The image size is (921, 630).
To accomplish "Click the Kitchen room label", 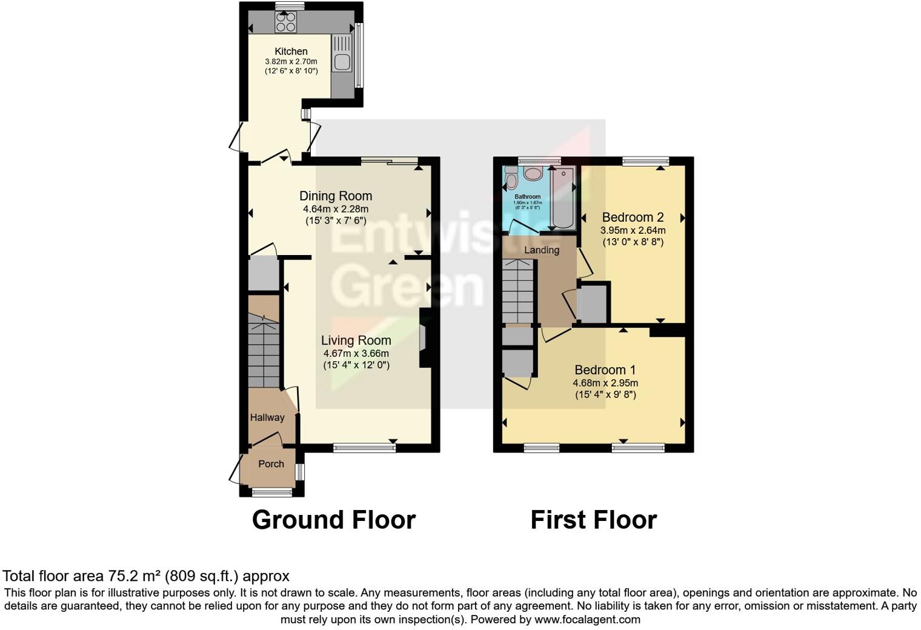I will [x=291, y=51].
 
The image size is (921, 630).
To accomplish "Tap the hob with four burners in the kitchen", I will [x=285, y=22].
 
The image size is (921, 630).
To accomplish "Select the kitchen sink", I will [x=342, y=61].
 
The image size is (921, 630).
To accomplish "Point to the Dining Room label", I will [x=336, y=196].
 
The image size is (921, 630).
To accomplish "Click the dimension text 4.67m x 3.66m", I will [x=356, y=353].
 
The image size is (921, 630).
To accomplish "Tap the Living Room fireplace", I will [x=425, y=338].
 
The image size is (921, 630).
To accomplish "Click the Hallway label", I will [x=267, y=417].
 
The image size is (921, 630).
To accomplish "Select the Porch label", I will [x=271, y=464].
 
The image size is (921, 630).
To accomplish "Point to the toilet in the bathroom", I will [x=511, y=179].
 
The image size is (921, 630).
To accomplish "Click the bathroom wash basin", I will [x=533, y=174].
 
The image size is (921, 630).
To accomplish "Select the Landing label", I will [x=542, y=250].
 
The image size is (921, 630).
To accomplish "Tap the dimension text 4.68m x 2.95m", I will [x=605, y=383].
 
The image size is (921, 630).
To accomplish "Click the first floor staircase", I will [x=519, y=291].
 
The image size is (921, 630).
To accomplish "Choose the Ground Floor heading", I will [x=333, y=520].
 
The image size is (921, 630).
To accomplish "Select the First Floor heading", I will [x=593, y=520].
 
